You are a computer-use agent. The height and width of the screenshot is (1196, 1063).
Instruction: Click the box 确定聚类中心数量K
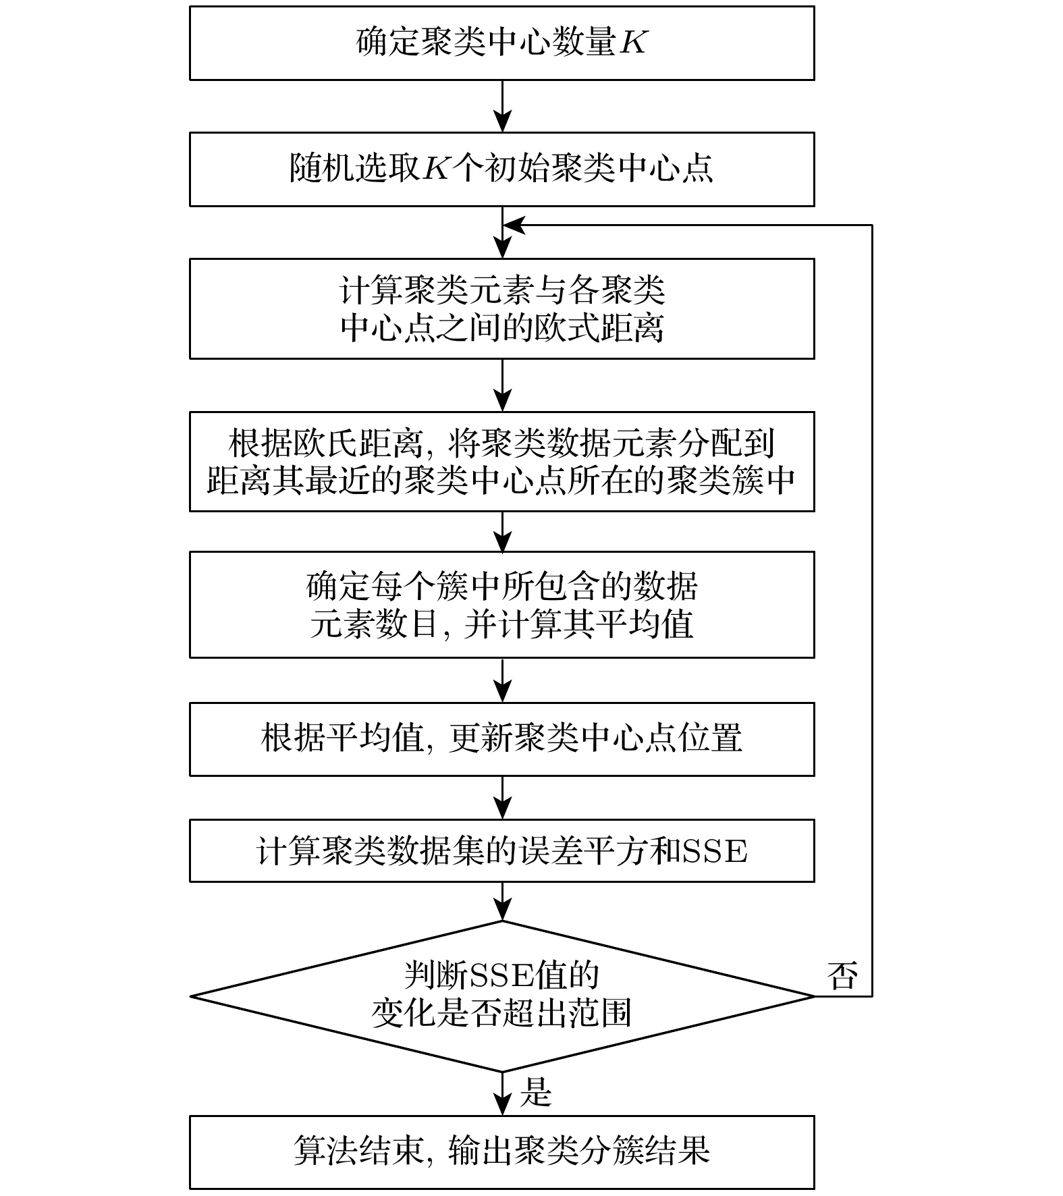501,43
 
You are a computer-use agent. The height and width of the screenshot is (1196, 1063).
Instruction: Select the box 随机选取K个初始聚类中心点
501,169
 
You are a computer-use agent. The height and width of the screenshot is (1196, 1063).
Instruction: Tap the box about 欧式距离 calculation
501,308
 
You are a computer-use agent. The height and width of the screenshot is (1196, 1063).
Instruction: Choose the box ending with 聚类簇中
501,462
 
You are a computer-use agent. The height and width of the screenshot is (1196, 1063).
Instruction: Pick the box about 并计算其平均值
501,605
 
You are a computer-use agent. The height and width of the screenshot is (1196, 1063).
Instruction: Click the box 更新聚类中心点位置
501,739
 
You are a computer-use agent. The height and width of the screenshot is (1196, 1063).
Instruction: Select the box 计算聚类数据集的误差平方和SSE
501,850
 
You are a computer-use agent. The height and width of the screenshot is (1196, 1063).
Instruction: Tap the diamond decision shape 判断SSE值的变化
501,996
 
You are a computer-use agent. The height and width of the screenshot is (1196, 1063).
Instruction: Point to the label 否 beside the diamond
842,977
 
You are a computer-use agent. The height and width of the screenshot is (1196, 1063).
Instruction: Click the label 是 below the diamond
536,1092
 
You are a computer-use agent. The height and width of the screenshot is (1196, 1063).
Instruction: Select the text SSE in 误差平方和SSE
715,852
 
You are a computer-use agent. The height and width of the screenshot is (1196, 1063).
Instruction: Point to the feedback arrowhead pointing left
515,225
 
